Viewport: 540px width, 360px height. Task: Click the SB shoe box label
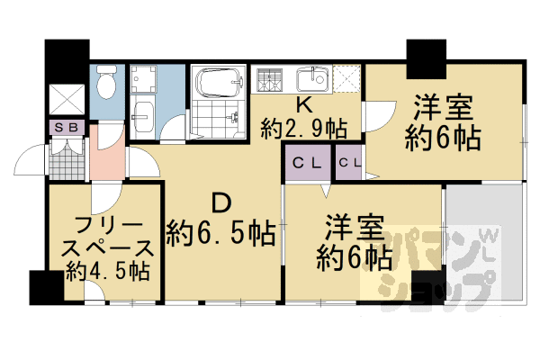click(x=66, y=128)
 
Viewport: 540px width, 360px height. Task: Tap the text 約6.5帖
click(x=220, y=234)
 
